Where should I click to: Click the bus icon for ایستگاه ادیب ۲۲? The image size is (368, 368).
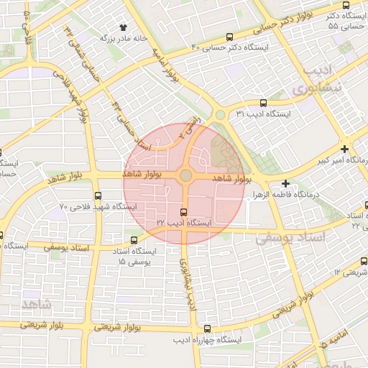point(184,212)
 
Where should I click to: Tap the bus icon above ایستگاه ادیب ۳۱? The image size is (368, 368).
point(263,103)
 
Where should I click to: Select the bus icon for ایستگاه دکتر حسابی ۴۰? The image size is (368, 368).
point(229,37)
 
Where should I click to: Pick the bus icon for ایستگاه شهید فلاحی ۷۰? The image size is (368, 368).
point(98,195)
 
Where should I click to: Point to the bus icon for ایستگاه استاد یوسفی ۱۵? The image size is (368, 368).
point(134,240)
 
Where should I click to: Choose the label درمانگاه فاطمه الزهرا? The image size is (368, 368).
point(290,195)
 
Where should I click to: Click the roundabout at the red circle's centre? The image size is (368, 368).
point(185,175)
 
